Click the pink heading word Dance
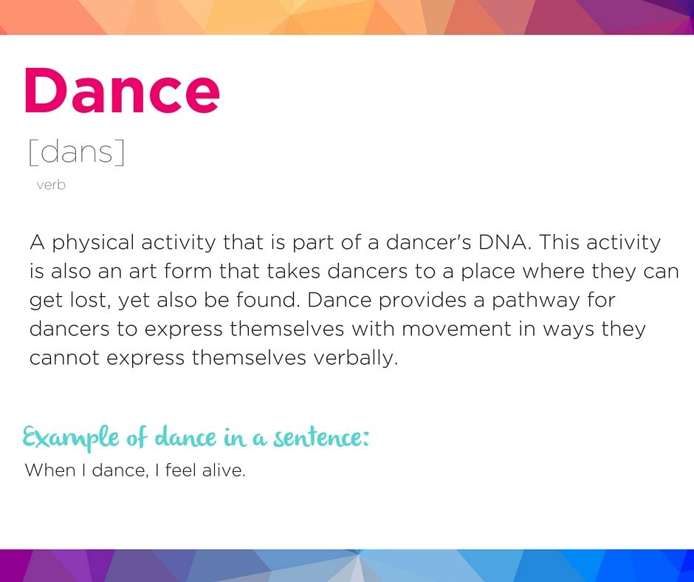[x=122, y=90]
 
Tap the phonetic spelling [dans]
[x=76, y=151]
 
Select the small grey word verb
[x=51, y=185]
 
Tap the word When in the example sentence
[x=49, y=470]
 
